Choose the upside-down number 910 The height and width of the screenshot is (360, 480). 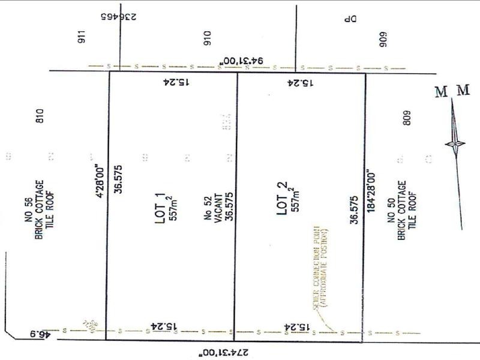pyautogui.click(x=208, y=40)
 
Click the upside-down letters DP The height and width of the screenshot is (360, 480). pyautogui.click(x=350, y=19)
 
